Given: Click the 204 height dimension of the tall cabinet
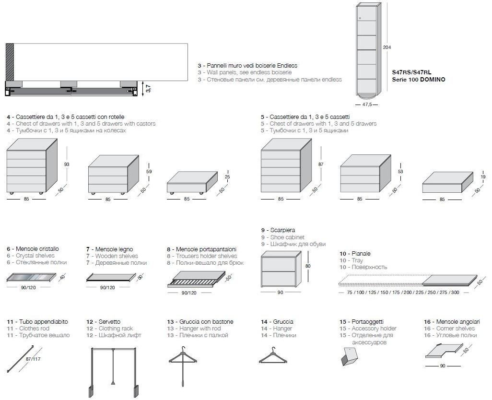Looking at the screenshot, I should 387,47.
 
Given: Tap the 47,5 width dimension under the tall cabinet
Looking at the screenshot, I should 367,104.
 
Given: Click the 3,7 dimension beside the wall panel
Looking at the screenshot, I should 148,89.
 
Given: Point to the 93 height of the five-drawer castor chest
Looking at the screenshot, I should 67,165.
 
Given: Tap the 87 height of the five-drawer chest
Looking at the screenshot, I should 321,165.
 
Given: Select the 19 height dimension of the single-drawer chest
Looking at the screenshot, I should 484,177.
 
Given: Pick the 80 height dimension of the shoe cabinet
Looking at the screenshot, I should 308,266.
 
